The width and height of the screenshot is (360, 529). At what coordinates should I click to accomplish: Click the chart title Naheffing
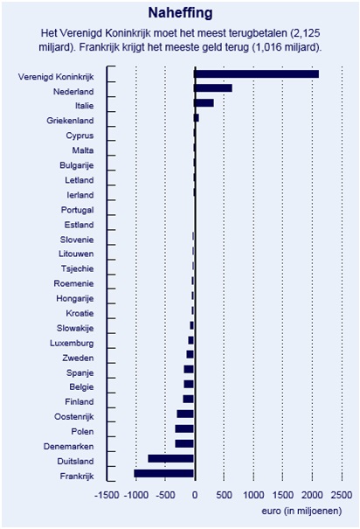click(x=180, y=13)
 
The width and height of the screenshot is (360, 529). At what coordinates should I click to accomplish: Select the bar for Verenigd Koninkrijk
click(x=257, y=73)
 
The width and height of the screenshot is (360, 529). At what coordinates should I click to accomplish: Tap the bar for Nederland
click(x=213, y=88)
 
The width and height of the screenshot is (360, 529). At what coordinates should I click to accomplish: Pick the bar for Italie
click(x=204, y=103)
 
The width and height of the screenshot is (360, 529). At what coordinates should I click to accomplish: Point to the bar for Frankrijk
click(x=163, y=473)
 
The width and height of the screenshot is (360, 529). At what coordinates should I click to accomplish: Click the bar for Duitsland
click(x=171, y=458)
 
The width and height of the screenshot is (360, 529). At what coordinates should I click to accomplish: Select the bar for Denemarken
click(x=184, y=443)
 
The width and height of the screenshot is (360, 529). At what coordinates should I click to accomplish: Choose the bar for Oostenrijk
click(x=185, y=414)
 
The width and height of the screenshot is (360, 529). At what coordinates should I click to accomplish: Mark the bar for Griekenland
click(x=197, y=118)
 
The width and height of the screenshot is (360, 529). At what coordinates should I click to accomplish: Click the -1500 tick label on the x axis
click(x=107, y=495)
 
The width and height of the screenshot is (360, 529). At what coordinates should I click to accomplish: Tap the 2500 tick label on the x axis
click(x=342, y=495)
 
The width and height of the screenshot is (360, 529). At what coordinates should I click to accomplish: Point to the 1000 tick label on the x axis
click(x=253, y=495)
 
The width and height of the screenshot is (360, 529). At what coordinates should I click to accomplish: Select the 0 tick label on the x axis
click(x=195, y=495)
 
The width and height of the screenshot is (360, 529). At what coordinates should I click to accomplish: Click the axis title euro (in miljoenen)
click(x=301, y=512)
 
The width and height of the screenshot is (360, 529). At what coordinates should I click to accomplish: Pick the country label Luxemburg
click(x=72, y=343)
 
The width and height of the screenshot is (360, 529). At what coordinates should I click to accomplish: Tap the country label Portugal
click(x=77, y=210)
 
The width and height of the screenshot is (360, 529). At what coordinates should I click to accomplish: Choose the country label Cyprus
click(x=80, y=136)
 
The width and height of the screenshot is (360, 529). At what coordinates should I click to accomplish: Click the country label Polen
click(x=83, y=431)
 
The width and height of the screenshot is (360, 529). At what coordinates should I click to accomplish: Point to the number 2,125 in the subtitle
click(x=307, y=33)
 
